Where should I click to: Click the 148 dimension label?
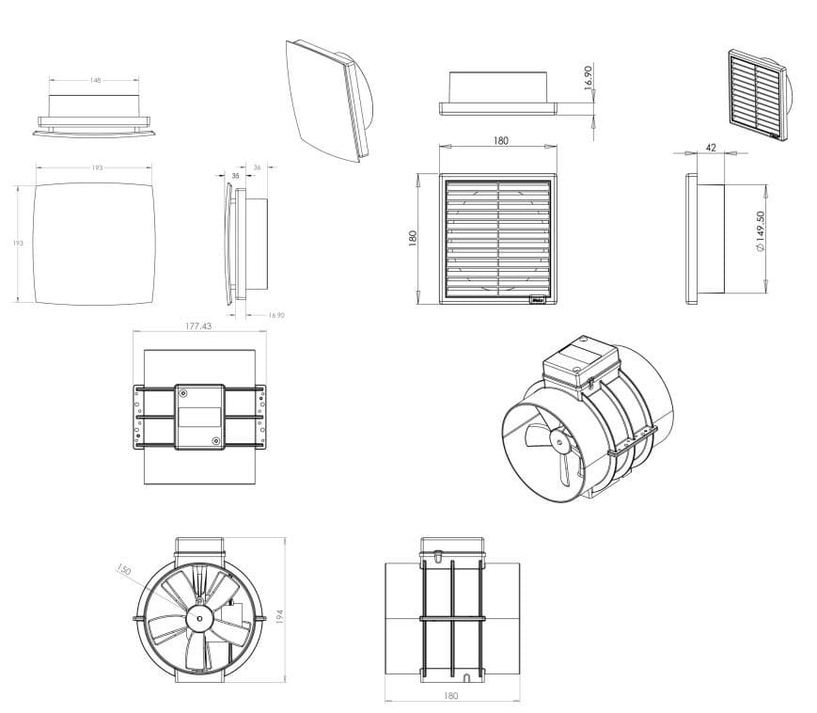pos(96,81)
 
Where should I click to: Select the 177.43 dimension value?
pos(197,326)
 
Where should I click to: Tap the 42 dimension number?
pos(710,147)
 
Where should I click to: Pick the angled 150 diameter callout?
pos(123,570)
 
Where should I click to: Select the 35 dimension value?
pos(235,175)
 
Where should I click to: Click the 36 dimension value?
pos(258,167)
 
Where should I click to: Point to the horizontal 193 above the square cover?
pos(97,167)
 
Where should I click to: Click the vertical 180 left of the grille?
pos(413,238)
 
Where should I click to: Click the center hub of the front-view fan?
pos(199,618)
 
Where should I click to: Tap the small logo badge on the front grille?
pos(540,301)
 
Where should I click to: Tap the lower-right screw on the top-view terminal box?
pos(216,440)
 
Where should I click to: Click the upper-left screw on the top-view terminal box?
pos(181,392)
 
